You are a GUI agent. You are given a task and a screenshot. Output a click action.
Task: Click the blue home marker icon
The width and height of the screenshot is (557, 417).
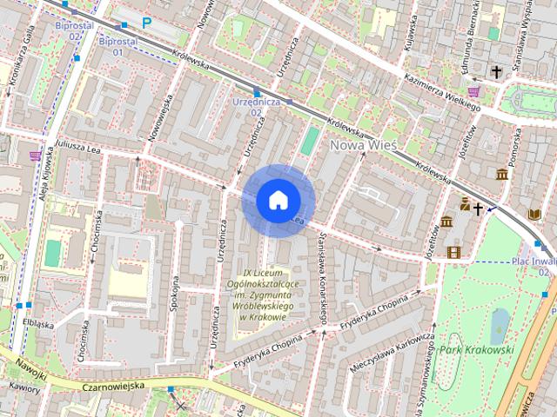tap(278, 201)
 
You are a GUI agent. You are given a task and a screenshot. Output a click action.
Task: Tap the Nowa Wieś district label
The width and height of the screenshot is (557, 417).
tap(363, 145)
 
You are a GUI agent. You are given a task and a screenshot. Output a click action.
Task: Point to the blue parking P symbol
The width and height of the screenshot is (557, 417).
tap(146, 23)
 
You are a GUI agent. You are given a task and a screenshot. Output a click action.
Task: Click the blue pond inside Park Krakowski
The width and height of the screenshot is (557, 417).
tap(500, 327)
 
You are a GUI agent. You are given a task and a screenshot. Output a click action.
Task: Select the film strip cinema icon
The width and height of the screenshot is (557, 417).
tap(453, 252)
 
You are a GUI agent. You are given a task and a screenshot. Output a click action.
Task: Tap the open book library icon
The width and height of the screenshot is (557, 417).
tap(534, 214)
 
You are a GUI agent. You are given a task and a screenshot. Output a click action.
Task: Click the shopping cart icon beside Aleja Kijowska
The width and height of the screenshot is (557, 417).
tap(36, 156)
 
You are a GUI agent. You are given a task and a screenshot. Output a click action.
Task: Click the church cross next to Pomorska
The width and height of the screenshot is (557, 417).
tap(496, 72)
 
